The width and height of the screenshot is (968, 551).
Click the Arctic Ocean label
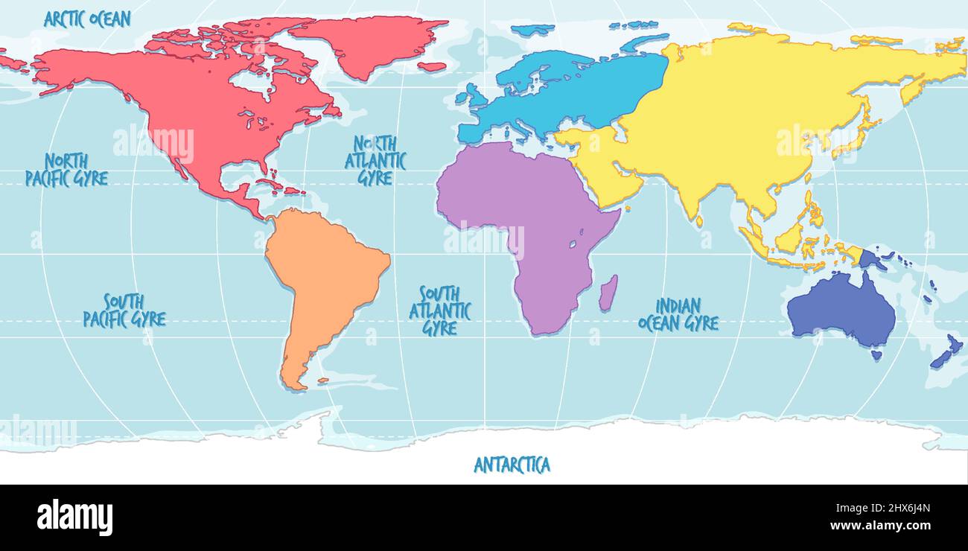pos(87,19)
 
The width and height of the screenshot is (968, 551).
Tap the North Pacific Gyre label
pos(66,170)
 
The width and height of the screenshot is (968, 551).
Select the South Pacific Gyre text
pos(124,310)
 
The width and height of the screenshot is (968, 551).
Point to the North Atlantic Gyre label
pos(375,160)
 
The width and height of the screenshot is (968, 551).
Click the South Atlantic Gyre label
pos(439,310)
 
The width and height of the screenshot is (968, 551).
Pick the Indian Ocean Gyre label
pos(678,314)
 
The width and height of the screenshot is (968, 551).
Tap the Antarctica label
pos(512,465)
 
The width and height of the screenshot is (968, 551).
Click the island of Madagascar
pos(608,293)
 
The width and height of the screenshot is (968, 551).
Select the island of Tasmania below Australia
pos(876,356)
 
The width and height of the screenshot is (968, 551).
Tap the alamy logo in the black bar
pos(74,517)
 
